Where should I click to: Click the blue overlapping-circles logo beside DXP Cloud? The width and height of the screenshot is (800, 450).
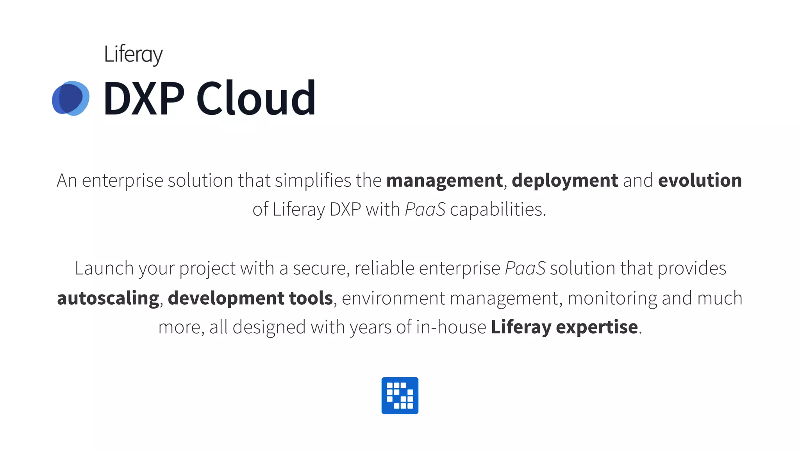tap(71, 98)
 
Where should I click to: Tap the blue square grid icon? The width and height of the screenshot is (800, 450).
tap(400, 395)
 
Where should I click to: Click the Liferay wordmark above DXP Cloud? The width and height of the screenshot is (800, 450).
tap(133, 54)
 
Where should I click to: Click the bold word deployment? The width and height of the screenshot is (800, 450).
tap(565, 180)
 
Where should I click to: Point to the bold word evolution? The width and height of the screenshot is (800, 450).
tap(700, 180)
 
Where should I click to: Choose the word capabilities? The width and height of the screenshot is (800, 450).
tap(498, 209)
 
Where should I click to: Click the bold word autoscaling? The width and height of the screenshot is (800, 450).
tap(108, 298)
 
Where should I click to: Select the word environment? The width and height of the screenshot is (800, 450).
tap(393, 298)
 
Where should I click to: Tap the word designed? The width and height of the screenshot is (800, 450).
tap(269, 327)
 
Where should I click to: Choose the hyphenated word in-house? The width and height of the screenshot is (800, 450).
tap(451, 327)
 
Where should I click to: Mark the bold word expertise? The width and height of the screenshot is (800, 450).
tap(597, 327)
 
